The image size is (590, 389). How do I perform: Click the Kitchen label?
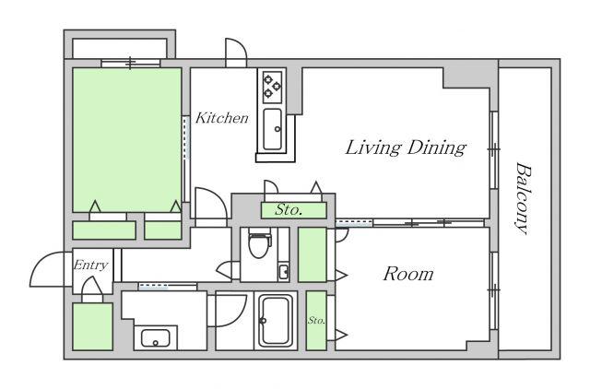pyautogui.click(x=222, y=118)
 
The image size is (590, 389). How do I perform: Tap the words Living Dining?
pyautogui.click(x=406, y=147)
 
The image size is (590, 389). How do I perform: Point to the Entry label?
pyautogui.click(x=90, y=265)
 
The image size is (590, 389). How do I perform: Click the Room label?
pyautogui.click(x=408, y=274)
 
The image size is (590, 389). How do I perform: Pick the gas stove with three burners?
pyautogui.click(x=273, y=87)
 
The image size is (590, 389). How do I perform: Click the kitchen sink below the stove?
pyautogui.click(x=273, y=129)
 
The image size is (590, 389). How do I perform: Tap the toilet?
pyautogui.click(x=259, y=244)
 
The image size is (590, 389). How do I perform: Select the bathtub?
pyautogui.click(x=276, y=322)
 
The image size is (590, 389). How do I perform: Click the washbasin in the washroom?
pyautogui.click(x=156, y=338)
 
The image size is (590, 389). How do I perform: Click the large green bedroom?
pyautogui.click(x=127, y=139)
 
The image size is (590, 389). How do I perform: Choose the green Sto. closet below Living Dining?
pyautogui.click(x=293, y=210)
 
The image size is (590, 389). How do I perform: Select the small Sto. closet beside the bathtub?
pyautogui.click(x=316, y=321)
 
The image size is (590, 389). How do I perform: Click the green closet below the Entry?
pyautogui.click(x=92, y=326)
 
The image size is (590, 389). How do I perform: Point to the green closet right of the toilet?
pyautogui.click(x=313, y=254)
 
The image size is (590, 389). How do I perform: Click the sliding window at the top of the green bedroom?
pyautogui.click(x=131, y=63)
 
